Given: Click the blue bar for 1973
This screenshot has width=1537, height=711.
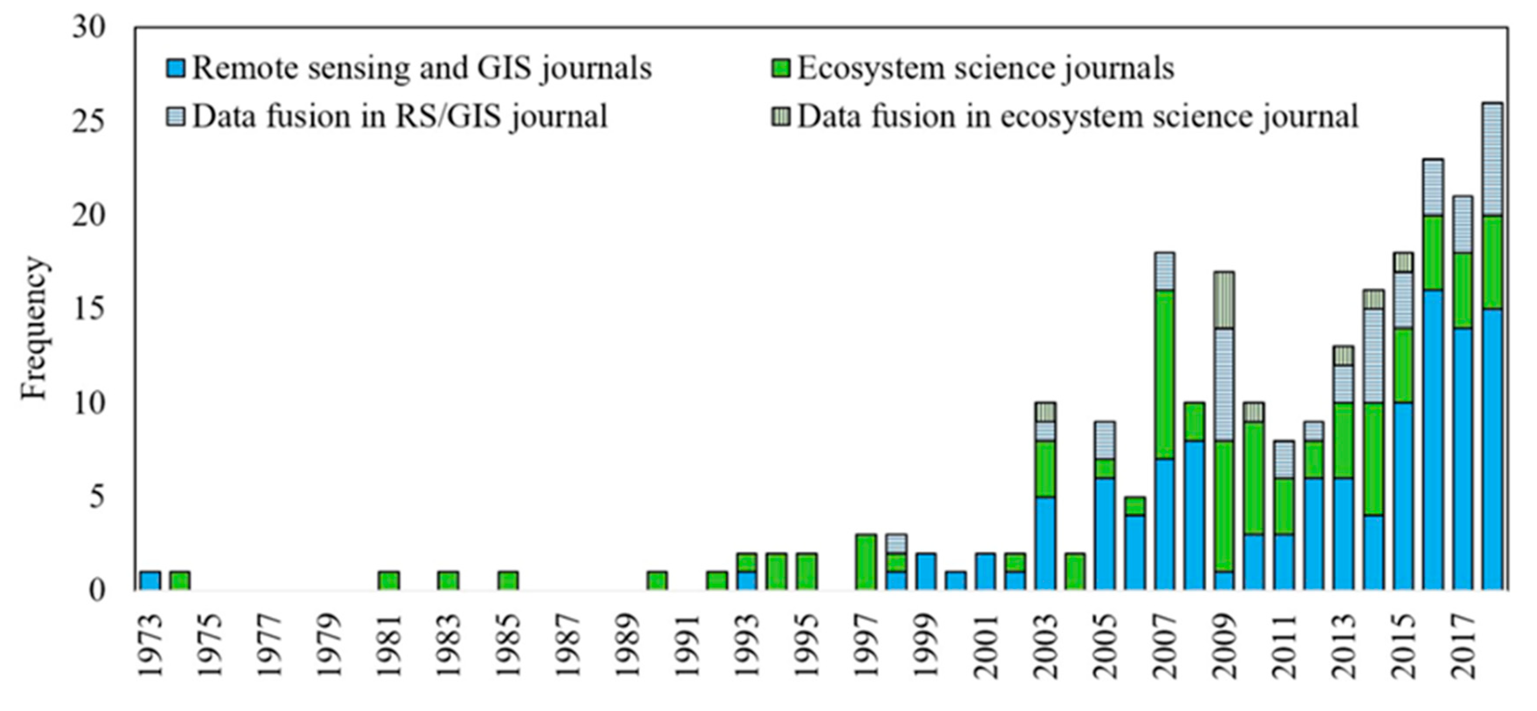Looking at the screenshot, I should (150, 580).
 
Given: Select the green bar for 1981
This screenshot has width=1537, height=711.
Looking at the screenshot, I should (389, 580).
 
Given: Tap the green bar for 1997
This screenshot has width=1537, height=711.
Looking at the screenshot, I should (866, 562).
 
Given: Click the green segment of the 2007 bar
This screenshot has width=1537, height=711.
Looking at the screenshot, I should (1165, 374).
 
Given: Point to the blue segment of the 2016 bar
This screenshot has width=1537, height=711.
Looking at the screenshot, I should (1433, 440).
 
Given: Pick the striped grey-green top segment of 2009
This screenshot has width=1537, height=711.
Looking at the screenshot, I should (1224, 299).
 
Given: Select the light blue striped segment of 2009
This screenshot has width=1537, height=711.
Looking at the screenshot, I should (1224, 384).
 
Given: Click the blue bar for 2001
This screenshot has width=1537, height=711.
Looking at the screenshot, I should (986, 572).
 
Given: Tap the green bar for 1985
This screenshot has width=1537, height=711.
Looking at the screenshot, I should (509, 580).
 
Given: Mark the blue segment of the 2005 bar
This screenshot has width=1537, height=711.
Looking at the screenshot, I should (1105, 534).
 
